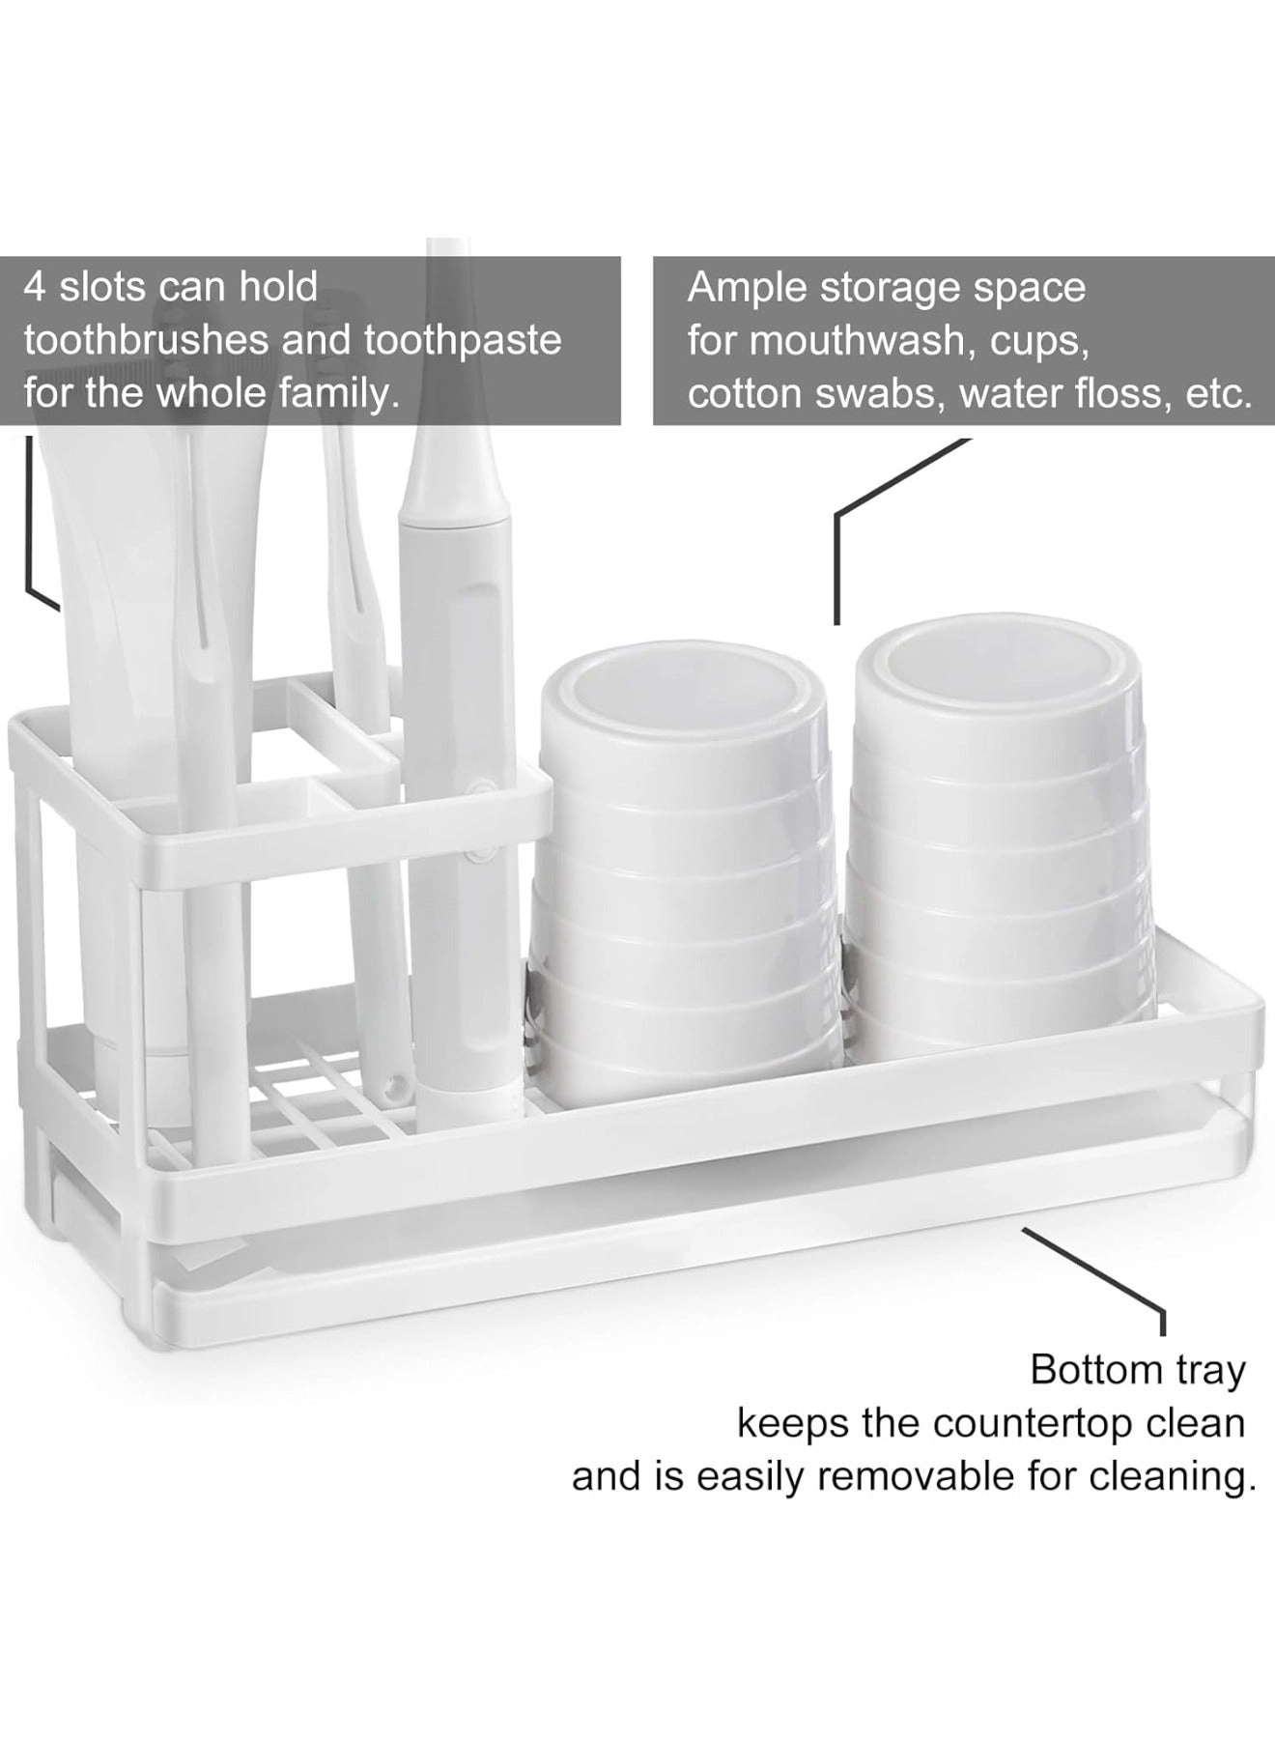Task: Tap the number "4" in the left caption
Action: pos(35,287)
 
